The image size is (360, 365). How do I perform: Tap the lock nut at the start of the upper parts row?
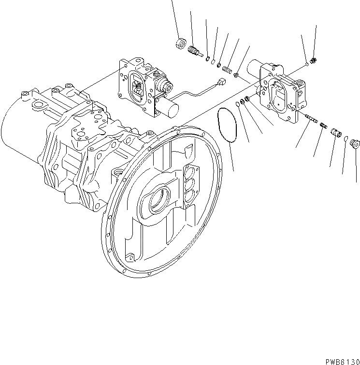181,43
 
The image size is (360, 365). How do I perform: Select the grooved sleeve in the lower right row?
336,132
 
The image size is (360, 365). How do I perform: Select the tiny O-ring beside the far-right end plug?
347,140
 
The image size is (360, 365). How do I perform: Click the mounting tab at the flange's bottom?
130,257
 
